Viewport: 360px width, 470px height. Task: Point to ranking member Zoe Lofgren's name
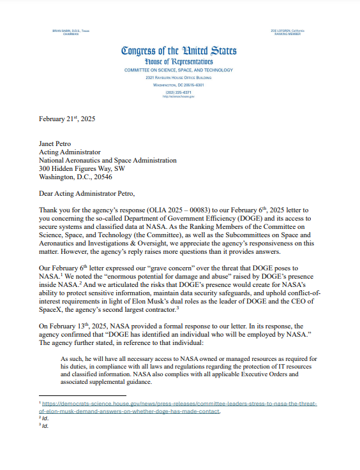pyautogui.click(x=288, y=31)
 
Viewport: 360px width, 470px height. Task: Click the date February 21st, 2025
pyautogui.click(x=67, y=119)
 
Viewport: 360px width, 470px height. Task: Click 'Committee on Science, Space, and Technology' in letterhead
pyautogui.click(x=179, y=69)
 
